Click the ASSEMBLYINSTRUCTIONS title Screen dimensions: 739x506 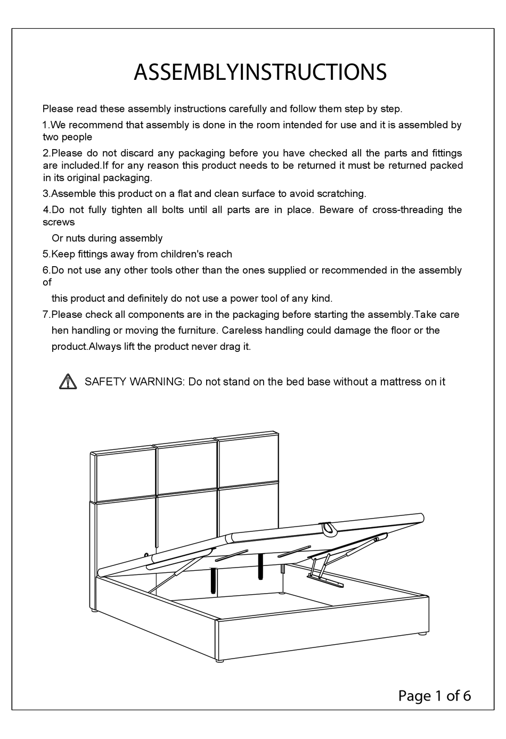tap(260, 72)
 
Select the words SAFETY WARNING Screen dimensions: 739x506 tap(134, 382)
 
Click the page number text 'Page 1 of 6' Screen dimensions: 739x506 tap(434, 695)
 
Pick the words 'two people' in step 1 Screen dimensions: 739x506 tap(68, 137)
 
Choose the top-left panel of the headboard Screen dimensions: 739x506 tap(126, 475)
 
